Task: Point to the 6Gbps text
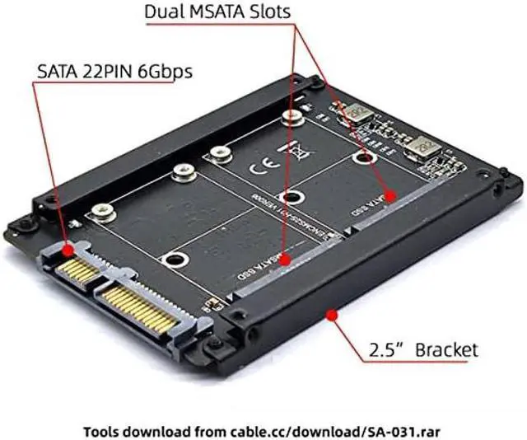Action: point(168,72)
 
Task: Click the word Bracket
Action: point(445,349)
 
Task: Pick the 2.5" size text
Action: point(382,349)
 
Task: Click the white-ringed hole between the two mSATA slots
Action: point(289,197)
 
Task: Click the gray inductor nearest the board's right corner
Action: point(425,149)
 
